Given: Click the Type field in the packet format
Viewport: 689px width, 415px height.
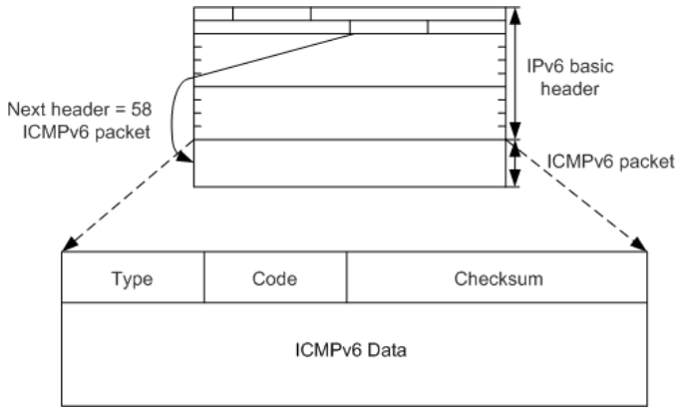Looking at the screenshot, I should (133, 278).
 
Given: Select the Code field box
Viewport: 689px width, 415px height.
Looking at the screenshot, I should (275, 278).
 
